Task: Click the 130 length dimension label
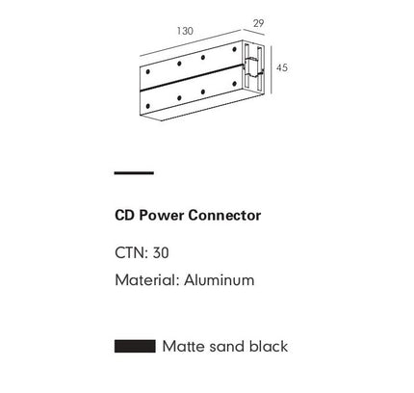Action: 185,31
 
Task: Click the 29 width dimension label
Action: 258,23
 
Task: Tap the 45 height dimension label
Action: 282,67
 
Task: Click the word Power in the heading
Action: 162,215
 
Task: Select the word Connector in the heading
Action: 224,215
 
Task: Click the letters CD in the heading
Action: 125,215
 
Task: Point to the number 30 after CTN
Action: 161,253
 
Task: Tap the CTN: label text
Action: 131,253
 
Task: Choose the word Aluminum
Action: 220,280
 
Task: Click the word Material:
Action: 147,280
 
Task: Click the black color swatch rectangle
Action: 135,347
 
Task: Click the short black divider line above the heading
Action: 134,173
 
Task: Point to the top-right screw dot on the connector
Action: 234,49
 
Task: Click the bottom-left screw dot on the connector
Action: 147,106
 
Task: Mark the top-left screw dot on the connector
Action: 147,71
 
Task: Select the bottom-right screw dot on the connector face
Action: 234,84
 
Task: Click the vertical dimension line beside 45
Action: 272,70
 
